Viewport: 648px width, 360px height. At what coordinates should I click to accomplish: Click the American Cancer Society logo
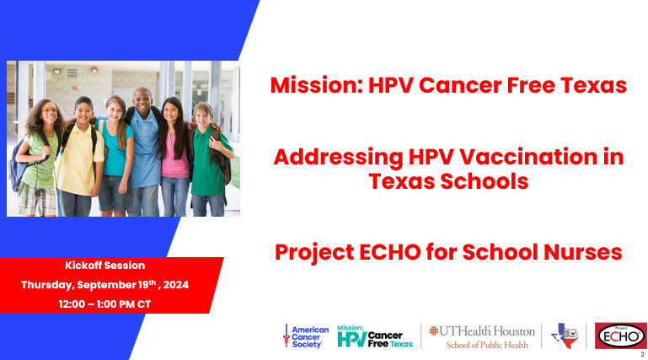306,336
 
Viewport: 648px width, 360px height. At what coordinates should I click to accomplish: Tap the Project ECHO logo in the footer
621,336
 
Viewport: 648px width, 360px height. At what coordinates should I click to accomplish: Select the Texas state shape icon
565,336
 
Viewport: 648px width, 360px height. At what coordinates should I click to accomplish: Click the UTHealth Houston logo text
482,337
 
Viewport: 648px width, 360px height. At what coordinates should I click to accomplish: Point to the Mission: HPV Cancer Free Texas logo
375,336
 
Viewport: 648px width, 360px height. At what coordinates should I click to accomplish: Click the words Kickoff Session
105,266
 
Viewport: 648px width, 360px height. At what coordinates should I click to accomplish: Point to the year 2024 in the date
176,285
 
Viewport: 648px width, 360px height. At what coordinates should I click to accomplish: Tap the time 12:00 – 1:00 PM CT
105,304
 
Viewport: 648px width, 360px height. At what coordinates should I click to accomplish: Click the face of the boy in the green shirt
203,117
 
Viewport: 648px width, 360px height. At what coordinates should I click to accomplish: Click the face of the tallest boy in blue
143,102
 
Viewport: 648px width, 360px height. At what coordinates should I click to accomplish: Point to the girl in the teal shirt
116,157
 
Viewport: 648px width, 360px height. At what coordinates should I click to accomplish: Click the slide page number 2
642,355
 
